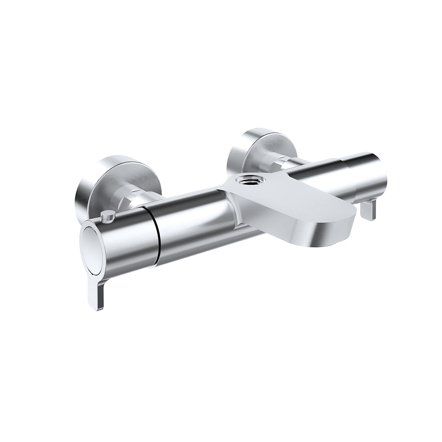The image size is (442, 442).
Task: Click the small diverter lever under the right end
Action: point(368,209)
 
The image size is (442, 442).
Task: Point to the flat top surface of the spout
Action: point(287,194)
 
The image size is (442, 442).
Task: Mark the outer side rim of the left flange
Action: point(82,194)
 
